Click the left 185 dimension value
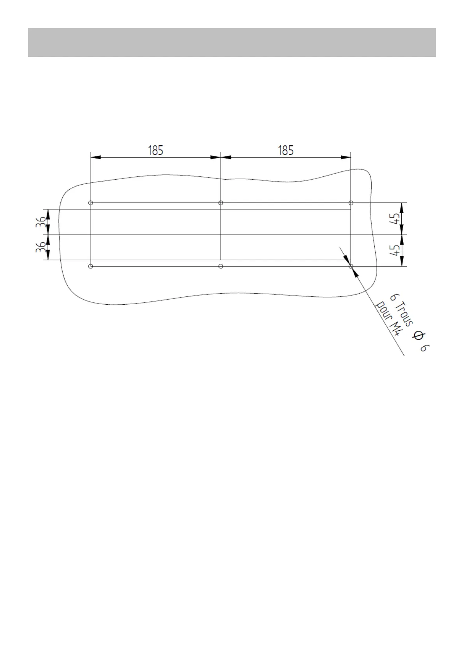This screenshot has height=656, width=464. click(x=155, y=150)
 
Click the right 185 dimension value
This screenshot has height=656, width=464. click(x=286, y=150)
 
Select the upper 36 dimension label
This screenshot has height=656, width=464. click(x=41, y=222)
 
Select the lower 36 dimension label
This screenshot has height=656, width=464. click(x=41, y=247)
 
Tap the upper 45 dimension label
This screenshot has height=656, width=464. click(x=395, y=219)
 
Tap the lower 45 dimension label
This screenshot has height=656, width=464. click(x=395, y=250)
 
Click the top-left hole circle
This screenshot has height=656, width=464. click(x=90, y=203)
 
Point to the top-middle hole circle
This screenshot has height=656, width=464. click(x=221, y=203)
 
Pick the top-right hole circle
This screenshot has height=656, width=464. click(x=351, y=203)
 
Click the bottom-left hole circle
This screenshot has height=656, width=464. click(x=90, y=266)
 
